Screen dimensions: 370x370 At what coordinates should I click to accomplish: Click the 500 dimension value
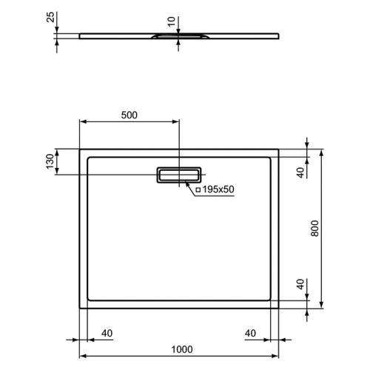(x=129, y=115)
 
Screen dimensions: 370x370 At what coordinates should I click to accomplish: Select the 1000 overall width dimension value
(x=179, y=350)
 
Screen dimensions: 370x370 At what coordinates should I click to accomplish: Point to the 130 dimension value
(x=50, y=161)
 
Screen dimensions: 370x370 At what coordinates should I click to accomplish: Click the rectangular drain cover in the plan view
(x=178, y=175)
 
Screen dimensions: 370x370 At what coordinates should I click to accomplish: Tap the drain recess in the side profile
(x=178, y=35)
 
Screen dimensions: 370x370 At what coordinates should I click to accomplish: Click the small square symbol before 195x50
(x=198, y=190)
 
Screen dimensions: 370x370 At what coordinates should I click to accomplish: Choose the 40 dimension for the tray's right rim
(x=252, y=333)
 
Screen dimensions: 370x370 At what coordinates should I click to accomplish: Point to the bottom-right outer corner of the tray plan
(x=279, y=308)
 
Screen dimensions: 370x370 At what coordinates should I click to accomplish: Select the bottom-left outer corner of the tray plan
(x=80, y=308)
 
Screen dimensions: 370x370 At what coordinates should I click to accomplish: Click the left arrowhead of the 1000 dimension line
(x=82, y=357)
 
